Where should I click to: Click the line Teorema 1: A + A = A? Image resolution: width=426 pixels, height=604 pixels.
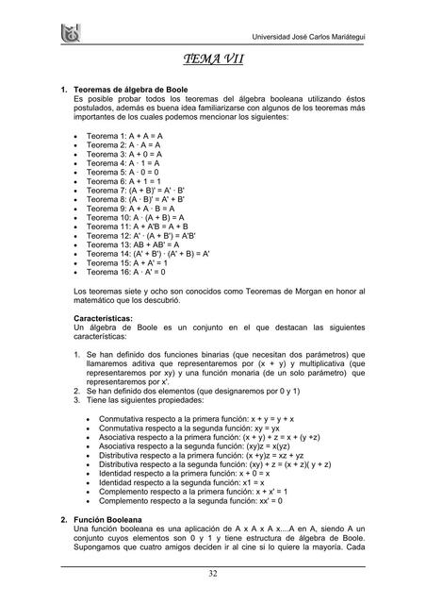124,136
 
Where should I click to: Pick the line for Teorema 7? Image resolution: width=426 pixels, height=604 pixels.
136,192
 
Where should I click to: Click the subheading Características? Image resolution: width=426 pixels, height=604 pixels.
107,319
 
